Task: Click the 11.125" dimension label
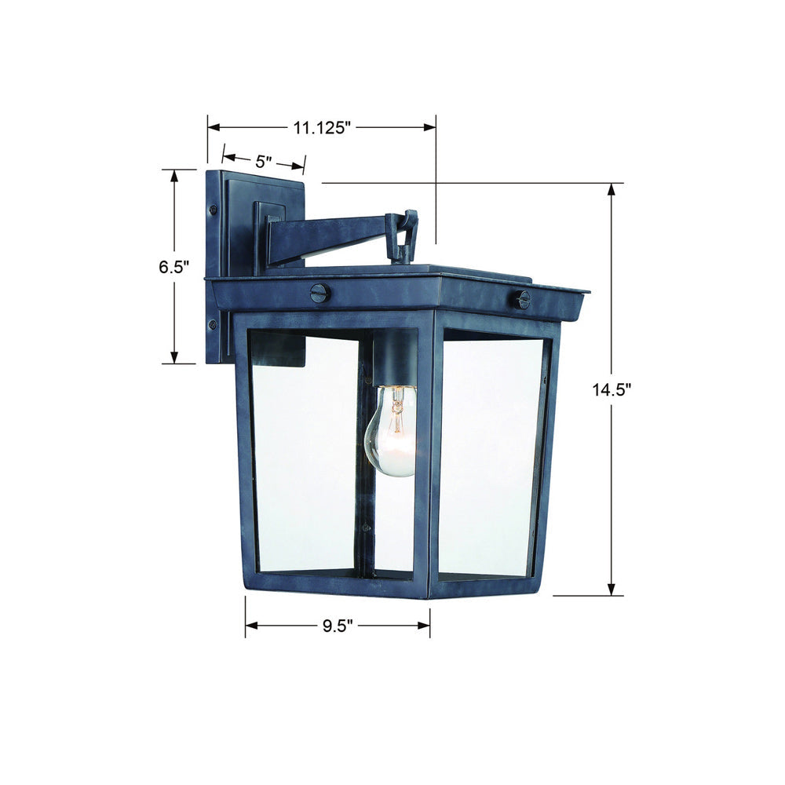coord(320,128)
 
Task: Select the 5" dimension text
coord(263,161)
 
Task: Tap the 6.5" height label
coord(174,267)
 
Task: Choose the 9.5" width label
coord(338,626)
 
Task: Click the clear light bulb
coord(392,430)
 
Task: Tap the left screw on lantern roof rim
coord(320,292)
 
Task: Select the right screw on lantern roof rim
coord(522,299)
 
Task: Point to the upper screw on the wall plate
coord(214,210)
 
